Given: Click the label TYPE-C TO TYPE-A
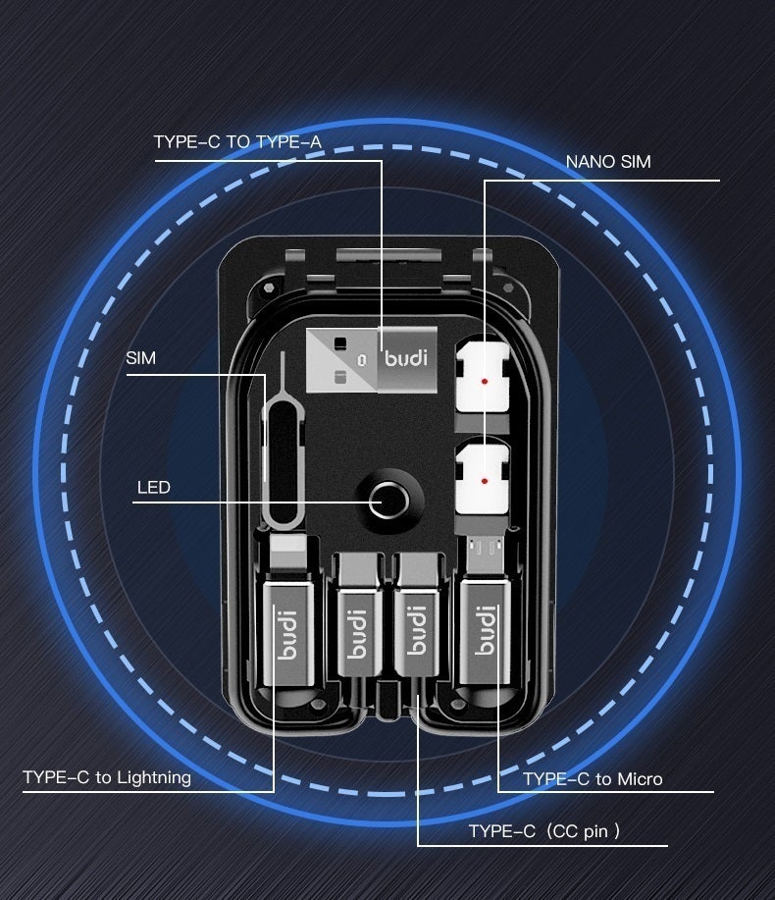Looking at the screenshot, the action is [x=237, y=141].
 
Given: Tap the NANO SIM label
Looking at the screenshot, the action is [x=608, y=162].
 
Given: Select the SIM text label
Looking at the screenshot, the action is [x=140, y=358].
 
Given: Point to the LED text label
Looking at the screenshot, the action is [x=154, y=488].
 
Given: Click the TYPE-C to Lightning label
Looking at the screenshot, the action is [x=107, y=777].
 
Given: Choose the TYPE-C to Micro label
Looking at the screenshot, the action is [x=593, y=779].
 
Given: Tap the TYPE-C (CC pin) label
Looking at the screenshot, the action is [x=544, y=831].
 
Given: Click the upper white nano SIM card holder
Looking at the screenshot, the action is [x=483, y=377].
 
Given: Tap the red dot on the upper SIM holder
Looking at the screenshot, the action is [x=485, y=381].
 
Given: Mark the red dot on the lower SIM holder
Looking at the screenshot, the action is [x=485, y=481].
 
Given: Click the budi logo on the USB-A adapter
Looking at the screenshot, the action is [x=406, y=357].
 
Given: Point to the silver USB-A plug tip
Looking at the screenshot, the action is [x=342, y=360].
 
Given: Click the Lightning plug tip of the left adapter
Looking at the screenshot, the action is [x=288, y=554].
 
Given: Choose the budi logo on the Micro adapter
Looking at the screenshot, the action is [x=486, y=631].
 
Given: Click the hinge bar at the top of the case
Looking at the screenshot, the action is [x=388, y=255].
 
